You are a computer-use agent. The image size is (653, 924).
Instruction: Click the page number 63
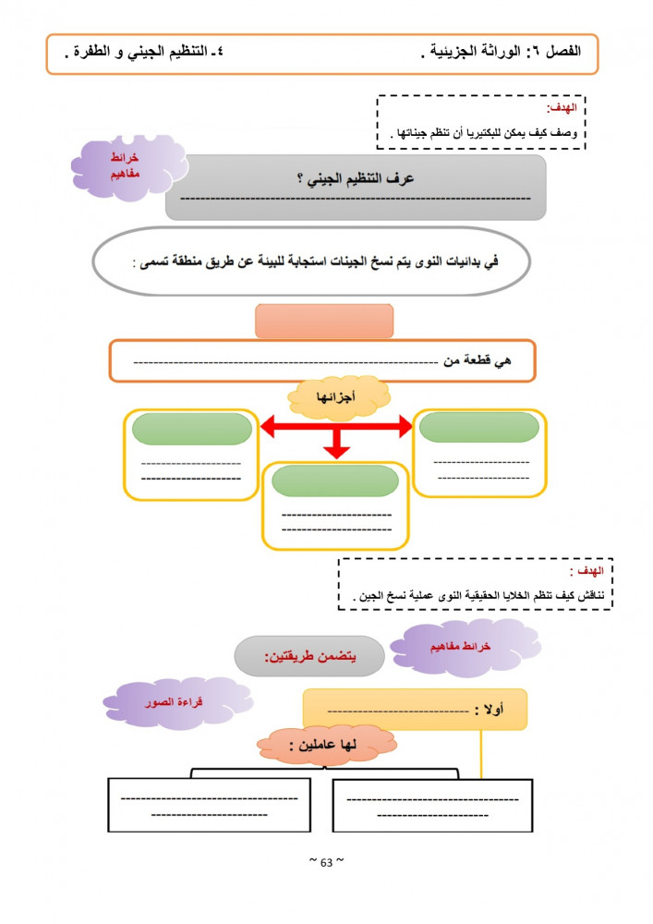[x=326, y=863]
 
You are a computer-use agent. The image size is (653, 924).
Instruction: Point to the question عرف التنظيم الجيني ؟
[x=356, y=178]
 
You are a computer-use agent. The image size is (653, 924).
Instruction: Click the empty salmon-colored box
[x=323, y=321]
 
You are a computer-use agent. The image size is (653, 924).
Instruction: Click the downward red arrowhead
[x=337, y=451]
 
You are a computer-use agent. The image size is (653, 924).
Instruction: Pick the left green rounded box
[x=191, y=429]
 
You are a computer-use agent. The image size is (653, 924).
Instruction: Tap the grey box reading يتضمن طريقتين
[x=308, y=656]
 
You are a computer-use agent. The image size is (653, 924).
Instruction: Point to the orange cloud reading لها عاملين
[x=323, y=745]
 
